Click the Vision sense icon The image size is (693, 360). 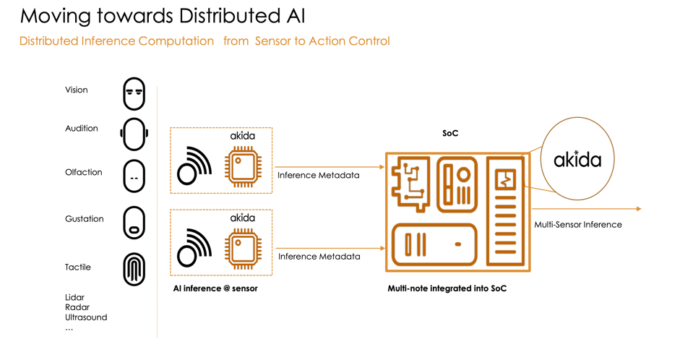coord(134,94)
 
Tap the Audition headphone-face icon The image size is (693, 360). coord(134,134)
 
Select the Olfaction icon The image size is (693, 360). coord(134,176)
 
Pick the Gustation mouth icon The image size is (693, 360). coord(134,223)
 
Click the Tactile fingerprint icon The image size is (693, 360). coord(134,269)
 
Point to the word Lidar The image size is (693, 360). coord(74,297)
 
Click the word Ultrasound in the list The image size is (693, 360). coord(85,317)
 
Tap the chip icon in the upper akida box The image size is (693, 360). coord(242,167)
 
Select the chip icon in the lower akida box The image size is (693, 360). coord(242,249)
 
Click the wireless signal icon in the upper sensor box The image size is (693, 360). coord(194,166)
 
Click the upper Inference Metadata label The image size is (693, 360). coord(318,175)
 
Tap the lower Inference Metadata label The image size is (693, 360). coord(319,256)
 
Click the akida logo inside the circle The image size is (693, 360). coord(577,159)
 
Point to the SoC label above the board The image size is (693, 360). coord(450,133)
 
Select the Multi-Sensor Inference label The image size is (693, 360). coord(577,224)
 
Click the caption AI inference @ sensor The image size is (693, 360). coord(215,288)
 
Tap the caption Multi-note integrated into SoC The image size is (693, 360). coord(447,288)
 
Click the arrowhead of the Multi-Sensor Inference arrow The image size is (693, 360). coord(638,209)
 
